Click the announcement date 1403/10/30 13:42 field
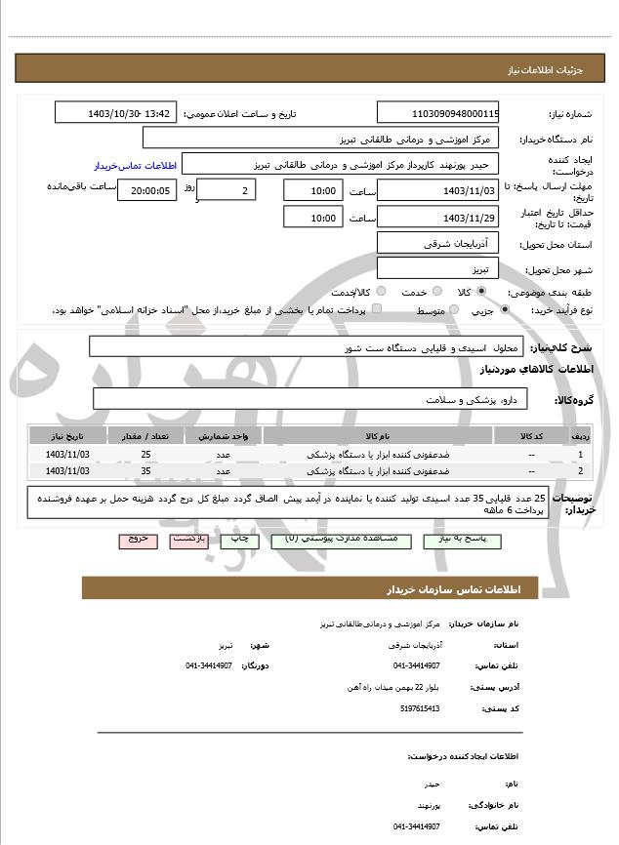coord(116,113)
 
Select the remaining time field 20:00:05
coord(146,190)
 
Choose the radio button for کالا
coord(481,291)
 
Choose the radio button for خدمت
coord(434,291)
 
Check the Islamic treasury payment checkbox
coord(377,309)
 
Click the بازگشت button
coord(187,539)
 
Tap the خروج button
coord(138,539)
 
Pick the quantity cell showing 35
coord(145,471)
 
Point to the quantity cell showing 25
coord(145,455)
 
